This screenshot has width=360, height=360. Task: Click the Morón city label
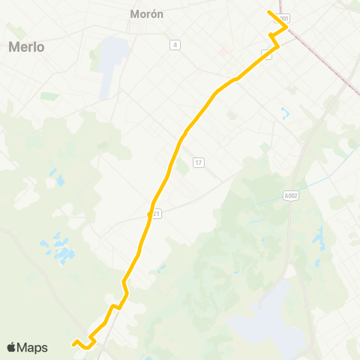tap(146, 13)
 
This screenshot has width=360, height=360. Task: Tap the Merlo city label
tap(27, 46)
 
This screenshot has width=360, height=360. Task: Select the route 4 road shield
tap(175, 45)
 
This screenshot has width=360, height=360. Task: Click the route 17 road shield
tap(198, 163)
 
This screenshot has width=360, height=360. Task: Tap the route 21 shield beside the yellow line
tap(155, 214)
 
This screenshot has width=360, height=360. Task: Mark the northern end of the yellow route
tap(268, 11)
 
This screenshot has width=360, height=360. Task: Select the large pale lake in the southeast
tap(259, 315)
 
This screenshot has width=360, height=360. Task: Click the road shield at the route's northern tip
tap(283, 17)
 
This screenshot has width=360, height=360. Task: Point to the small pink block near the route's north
tap(223, 52)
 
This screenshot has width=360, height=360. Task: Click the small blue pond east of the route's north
tap(285, 115)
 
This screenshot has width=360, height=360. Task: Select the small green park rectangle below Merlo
tap(49, 96)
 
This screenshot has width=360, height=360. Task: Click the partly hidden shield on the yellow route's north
tap(266, 52)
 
